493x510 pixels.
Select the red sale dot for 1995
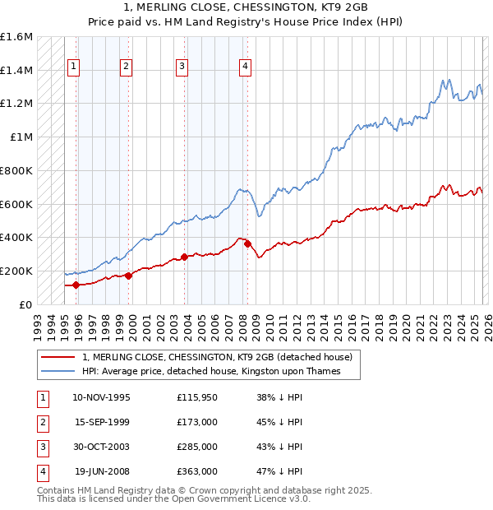coord(76,285)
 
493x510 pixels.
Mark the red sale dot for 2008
coord(247,244)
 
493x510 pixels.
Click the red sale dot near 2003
coord(184,257)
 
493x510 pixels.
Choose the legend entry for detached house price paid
coord(217,357)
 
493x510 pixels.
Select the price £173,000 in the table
coord(197,422)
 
